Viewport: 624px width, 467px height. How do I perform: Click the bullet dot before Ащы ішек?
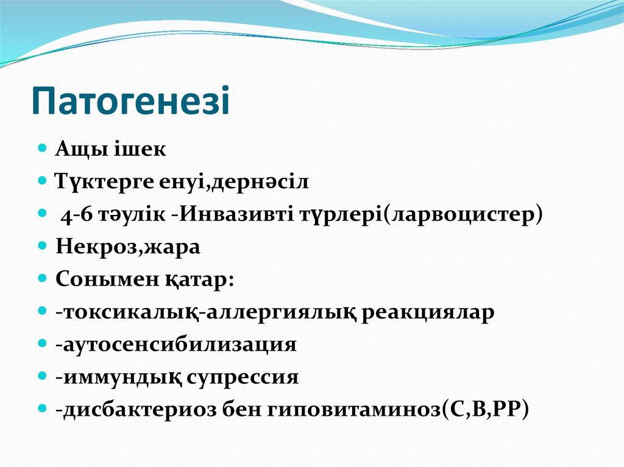pos(42,149)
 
